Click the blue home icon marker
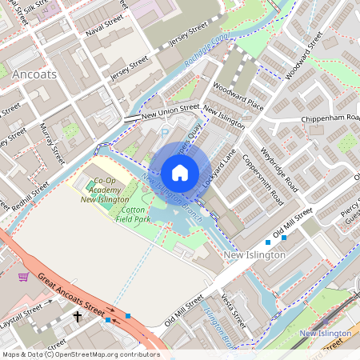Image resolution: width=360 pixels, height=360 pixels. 180,173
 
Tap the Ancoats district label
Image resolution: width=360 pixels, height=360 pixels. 35,73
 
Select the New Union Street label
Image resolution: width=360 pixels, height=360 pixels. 170,111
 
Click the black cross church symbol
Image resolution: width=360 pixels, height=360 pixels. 78,317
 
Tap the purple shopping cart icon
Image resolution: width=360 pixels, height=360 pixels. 24,277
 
